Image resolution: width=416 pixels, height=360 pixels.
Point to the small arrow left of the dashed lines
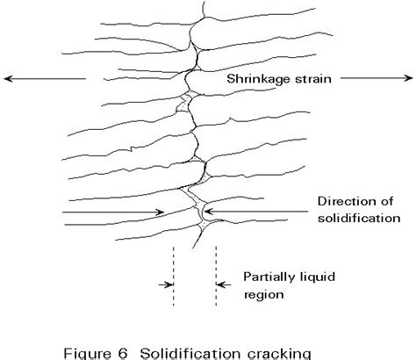click(163, 284)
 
